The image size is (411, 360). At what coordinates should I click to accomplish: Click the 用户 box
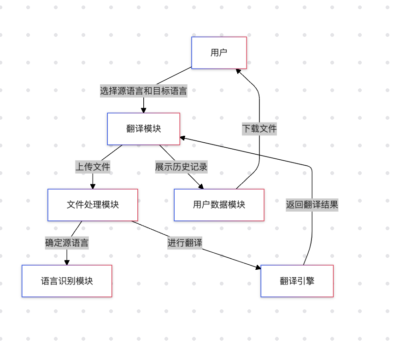[x=219, y=52]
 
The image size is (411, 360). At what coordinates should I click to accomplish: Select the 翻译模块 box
[x=143, y=129]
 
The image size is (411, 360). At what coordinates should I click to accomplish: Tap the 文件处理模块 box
[x=93, y=205]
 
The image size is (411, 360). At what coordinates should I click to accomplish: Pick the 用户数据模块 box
[x=219, y=205]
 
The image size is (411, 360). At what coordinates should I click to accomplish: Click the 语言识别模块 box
[x=67, y=281]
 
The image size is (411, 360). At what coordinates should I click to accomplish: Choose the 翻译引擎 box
[x=297, y=281]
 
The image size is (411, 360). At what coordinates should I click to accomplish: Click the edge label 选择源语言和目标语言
[x=143, y=91]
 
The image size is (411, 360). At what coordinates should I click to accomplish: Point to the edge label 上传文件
[x=93, y=167]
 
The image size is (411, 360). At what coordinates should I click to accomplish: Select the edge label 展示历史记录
[x=181, y=167]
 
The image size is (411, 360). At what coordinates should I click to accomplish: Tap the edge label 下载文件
[x=259, y=128]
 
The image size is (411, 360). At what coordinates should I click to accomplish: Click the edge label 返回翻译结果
[x=312, y=205]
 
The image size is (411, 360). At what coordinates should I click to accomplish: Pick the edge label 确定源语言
[x=67, y=243]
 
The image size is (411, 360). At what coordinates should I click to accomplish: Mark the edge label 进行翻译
[x=185, y=243]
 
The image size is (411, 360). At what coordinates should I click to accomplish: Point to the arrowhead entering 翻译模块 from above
[x=143, y=110]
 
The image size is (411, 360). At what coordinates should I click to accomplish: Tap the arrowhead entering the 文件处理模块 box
[x=93, y=186]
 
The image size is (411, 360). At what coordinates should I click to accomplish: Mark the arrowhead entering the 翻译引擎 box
[x=258, y=267]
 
